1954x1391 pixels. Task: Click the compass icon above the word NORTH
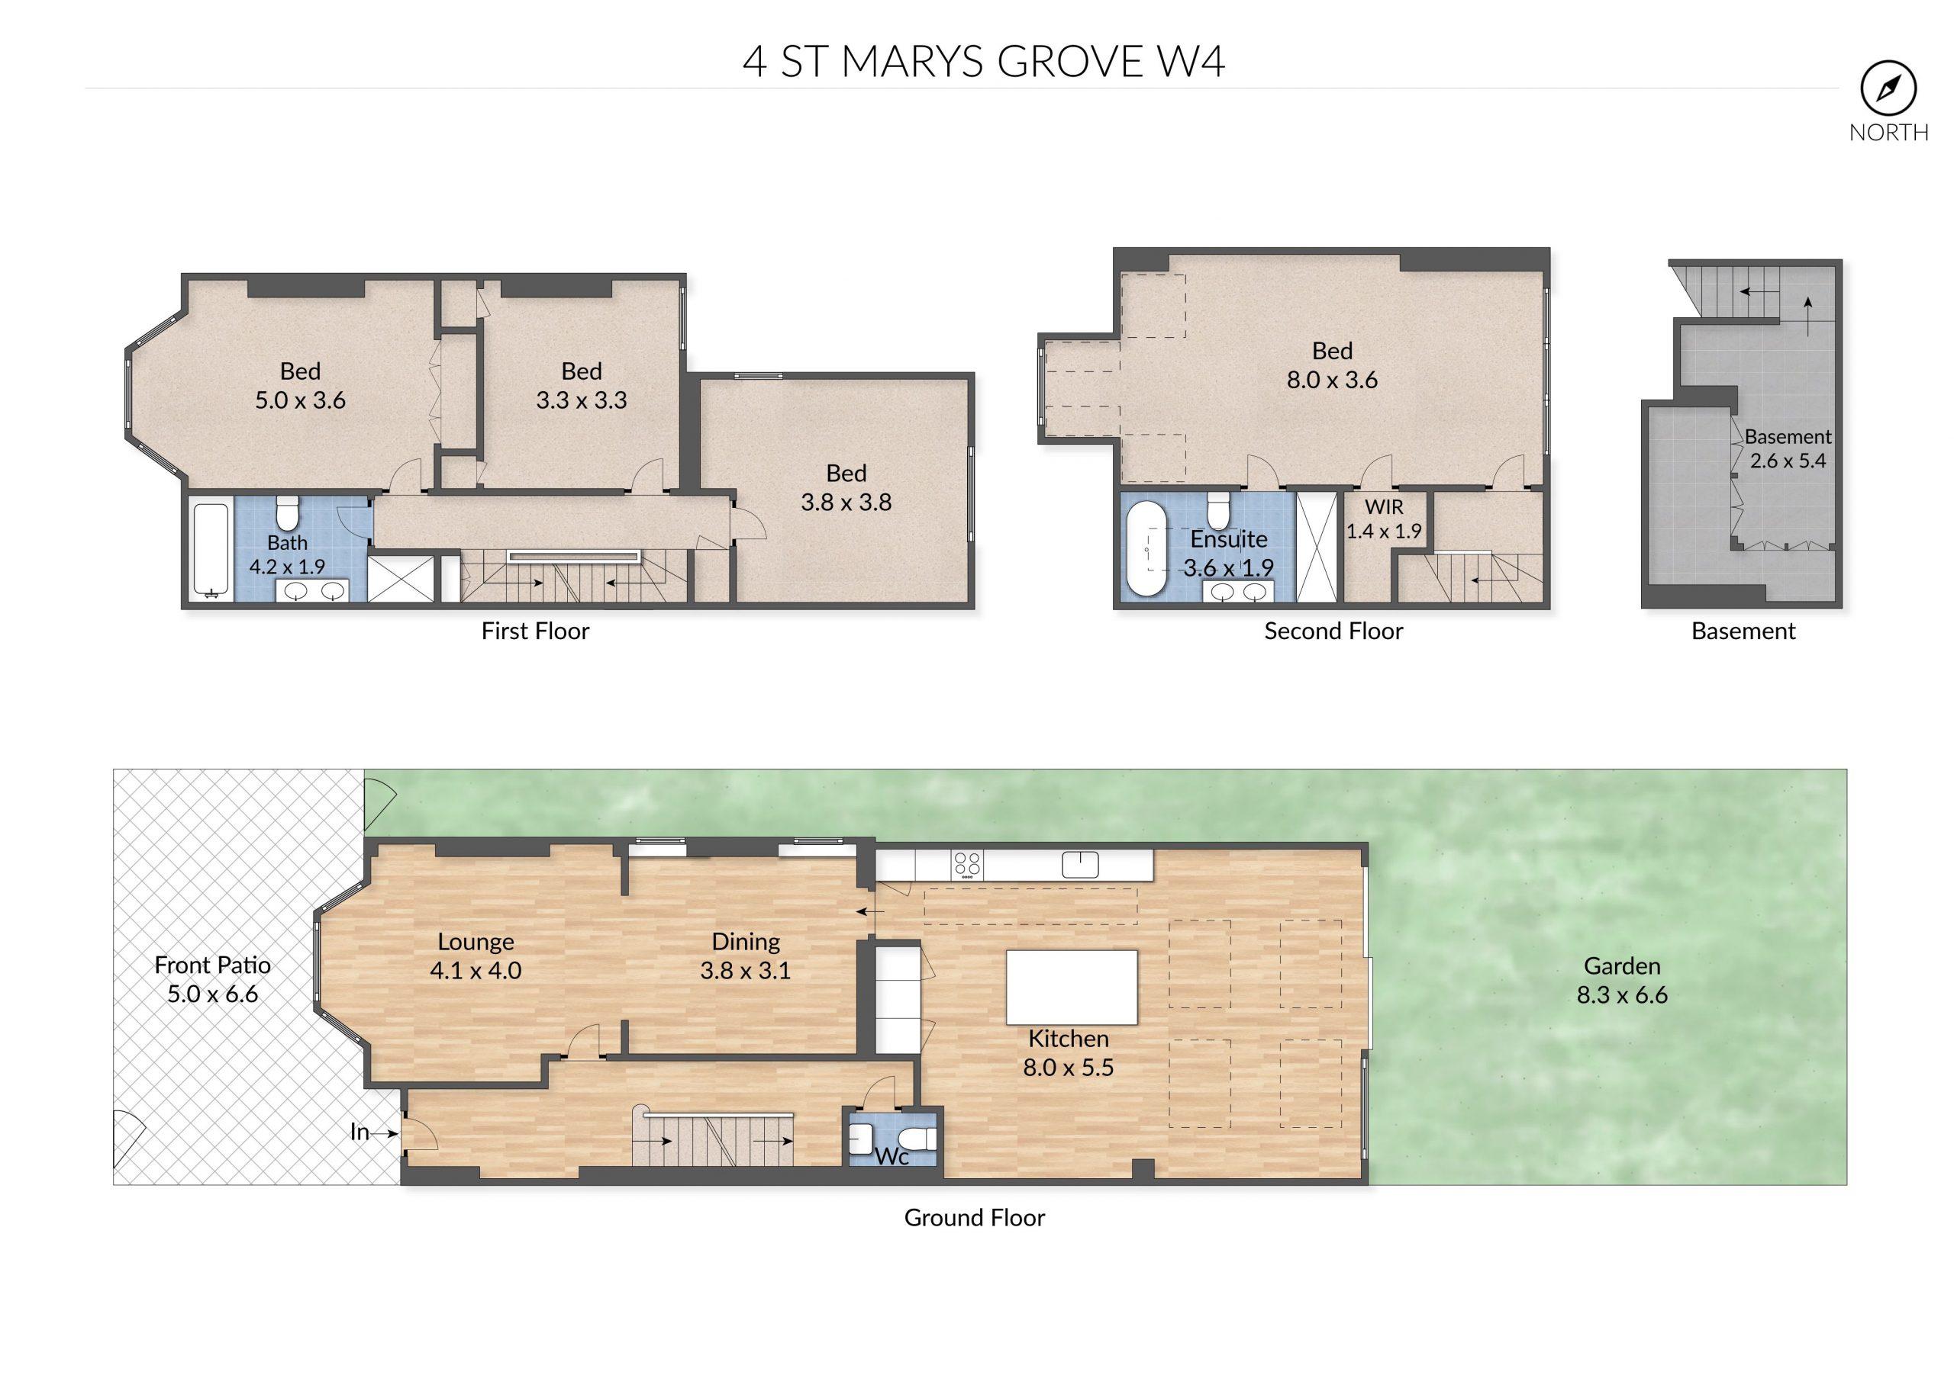click(1888, 88)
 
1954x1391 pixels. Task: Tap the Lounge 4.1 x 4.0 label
click(476, 956)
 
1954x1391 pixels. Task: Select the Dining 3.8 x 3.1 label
click(746, 956)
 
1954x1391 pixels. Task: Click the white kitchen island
click(1072, 987)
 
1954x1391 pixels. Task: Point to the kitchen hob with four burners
click(968, 865)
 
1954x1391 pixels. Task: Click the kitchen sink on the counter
click(1080, 864)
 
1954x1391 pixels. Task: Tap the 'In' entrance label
click(359, 1132)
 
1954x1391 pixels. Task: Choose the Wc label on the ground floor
click(892, 1156)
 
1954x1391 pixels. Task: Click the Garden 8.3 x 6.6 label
click(1621, 980)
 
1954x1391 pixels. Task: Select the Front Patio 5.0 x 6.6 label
click(212, 979)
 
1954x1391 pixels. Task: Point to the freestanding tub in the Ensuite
click(1146, 548)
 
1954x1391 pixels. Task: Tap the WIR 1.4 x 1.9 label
click(1383, 519)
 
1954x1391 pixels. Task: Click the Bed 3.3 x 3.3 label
click(581, 385)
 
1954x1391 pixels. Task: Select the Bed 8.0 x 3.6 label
click(1332, 365)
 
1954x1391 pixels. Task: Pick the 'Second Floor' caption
click(1333, 631)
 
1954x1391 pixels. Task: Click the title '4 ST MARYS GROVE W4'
click(984, 62)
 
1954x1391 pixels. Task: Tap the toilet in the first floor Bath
click(287, 513)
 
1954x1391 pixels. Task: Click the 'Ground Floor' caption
click(975, 1217)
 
